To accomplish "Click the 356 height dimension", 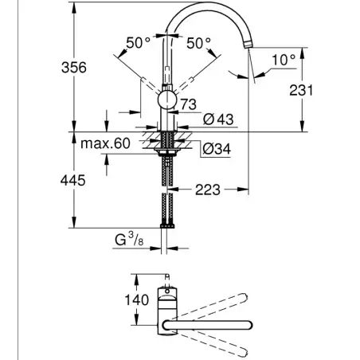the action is pyautogui.click(x=74, y=68).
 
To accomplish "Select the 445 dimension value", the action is pyautogui.click(x=73, y=181).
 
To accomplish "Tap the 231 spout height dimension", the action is pyautogui.click(x=301, y=90).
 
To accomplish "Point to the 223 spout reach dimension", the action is pyautogui.click(x=208, y=190).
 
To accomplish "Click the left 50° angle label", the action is pyautogui.click(x=138, y=43).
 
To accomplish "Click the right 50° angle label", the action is pyautogui.click(x=198, y=43).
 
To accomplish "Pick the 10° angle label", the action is pyautogui.click(x=284, y=60).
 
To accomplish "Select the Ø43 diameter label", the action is pyautogui.click(x=218, y=119).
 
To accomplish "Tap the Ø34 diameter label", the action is pyautogui.click(x=217, y=149).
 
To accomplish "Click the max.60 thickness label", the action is pyautogui.click(x=105, y=143).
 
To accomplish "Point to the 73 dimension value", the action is pyautogui.click(x=189, y=104).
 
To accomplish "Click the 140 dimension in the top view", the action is pyautogui.click(x=137, y=300).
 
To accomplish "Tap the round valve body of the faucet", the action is pyautogui.click(x=167, y=100).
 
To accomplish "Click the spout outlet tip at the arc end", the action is pyautogui.click(x=248, y=45).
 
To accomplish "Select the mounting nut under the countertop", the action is pyautogui.click(x=167, y=152).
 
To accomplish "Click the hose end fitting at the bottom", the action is pyautogui.click(x=167, y=226).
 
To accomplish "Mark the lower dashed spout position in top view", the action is pyautogui.click(x=213, y=342).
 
